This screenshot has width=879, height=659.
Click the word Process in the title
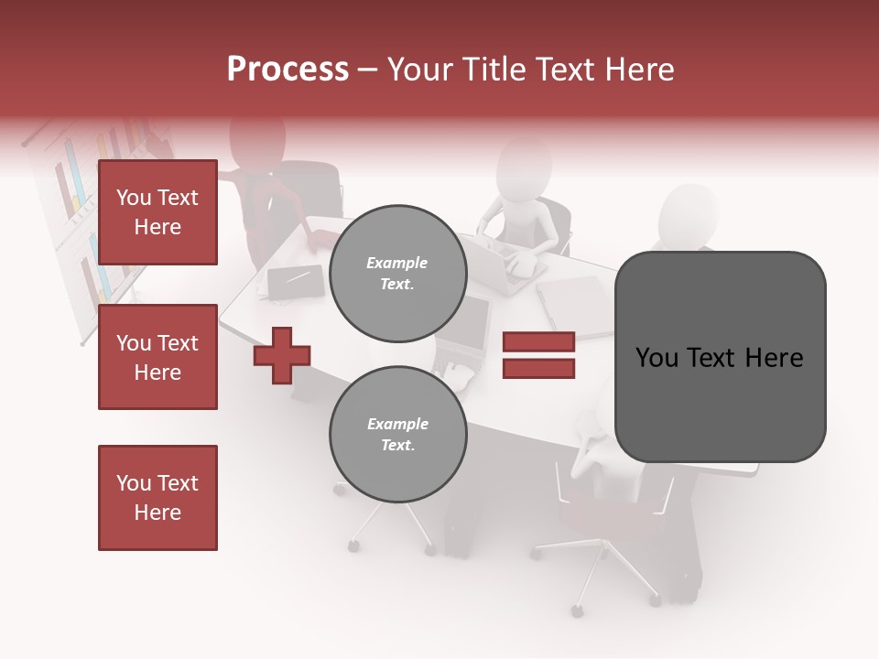pyautogui.click(x=288, y=70)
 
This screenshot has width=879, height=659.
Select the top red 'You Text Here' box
pyautogui.click(x=157, y=212)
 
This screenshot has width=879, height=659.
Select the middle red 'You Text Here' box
pyautogui.click(x=157, y=357)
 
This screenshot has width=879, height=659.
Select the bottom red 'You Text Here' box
pyautogui.click(x=157, y=498)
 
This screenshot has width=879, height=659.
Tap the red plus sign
pyautogui.click(x=282, y=355)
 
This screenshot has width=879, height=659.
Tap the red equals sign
pyautogui.click(x=538, y=355)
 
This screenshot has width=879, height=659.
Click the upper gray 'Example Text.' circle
pyautogui.click(x=398, y=274)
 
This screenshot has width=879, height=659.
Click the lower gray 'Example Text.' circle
pyautogui.click(x=398, y=435)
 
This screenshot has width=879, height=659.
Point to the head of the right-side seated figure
pyautogui.click(x=689, y=212)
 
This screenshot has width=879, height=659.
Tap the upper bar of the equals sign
pyautogui.click(x=538, y=342)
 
